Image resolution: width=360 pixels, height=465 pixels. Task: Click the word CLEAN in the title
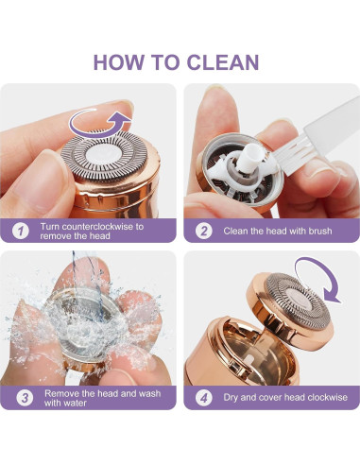(x=223, y=62)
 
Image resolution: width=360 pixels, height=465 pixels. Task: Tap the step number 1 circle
(x=21, y=231)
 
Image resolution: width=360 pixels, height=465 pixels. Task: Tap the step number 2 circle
(x=204, y=231)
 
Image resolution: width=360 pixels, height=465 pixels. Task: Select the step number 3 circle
(x=25, y=398)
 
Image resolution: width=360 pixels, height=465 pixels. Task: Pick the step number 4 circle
(x=204, y=398)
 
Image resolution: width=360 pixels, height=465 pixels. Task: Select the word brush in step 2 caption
(x=320, y=231)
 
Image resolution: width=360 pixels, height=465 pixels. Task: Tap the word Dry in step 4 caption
(x=231, y=398)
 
